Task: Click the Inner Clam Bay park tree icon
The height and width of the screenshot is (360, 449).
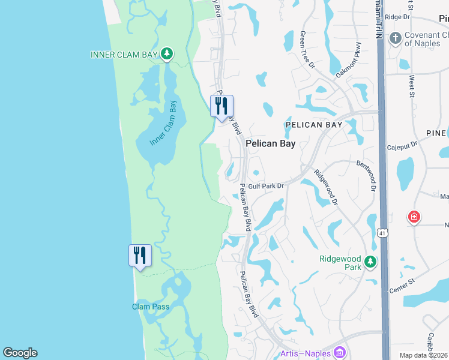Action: click(x=167, y=55)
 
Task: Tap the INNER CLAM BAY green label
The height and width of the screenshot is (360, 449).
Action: click(x=124, y=55)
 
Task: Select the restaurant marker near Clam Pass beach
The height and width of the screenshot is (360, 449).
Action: click(x=140, y=256)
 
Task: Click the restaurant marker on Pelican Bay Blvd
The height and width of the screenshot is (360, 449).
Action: click(x=221, y=106)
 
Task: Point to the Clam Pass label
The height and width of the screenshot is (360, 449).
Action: click(x=151, y=307)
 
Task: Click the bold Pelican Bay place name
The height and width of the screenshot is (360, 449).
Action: click(x=270, y=144)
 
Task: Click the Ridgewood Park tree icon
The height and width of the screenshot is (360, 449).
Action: click(x=370, y=262)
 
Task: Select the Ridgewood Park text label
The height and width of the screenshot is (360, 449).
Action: click(x=340, y=262)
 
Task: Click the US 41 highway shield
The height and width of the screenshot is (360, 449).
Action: click(x=383, y=231)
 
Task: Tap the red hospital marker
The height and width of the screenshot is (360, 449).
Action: click(x=414, y=217)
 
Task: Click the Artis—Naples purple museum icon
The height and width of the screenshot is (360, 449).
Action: click(x=340, y=352)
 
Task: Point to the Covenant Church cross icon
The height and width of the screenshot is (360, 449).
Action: click(x=395, y=39)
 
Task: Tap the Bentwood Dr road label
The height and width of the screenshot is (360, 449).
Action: click(x=366, y=175)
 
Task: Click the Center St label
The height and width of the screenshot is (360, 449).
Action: click(x=402, y=286)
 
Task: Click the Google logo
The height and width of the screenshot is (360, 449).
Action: click(x=20, y=352)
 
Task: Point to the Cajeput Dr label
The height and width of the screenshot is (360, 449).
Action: click(x=402, y=146)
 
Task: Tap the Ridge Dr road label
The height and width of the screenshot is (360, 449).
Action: click(x=397, y=17)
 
